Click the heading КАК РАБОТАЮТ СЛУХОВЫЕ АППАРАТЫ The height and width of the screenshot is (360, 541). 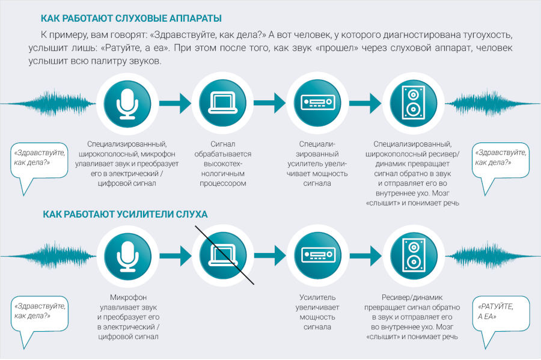131,18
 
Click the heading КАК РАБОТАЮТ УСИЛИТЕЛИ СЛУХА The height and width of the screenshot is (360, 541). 125,215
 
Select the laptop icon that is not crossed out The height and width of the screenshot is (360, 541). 223,103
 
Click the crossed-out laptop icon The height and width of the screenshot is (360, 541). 223,255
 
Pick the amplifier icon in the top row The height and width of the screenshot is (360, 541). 318,102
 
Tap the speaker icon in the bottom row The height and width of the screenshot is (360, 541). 414,255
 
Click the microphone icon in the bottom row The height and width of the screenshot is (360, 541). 127,256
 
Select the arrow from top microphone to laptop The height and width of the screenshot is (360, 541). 175,103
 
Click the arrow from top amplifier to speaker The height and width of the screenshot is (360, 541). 365,103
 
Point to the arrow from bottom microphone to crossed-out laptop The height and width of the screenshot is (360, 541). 176,256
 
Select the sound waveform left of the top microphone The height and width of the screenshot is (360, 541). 48,103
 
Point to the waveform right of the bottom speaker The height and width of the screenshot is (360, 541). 493,256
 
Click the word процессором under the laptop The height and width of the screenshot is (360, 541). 223,183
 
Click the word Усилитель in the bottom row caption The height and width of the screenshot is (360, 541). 317,297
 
